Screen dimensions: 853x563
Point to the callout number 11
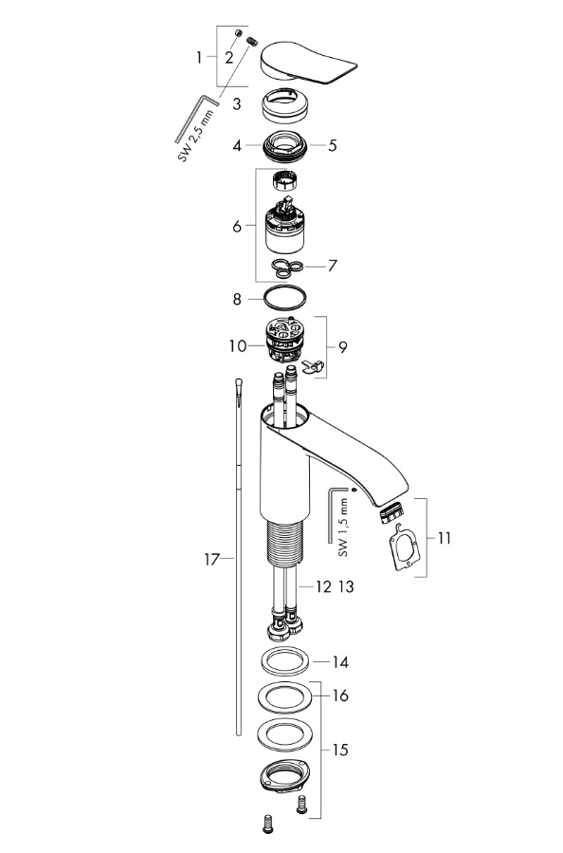pos(445,537)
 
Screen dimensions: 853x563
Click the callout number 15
pos(340,750)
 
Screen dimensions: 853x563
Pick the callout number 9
pos(342,347)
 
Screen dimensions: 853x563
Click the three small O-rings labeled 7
pos(284,266)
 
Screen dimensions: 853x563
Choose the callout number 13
pos(345,587)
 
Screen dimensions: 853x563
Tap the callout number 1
pos(200,57)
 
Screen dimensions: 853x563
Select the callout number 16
pos(340,695)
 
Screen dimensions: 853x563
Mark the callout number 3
pos(238,102)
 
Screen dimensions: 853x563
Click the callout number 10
pos(237,348)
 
